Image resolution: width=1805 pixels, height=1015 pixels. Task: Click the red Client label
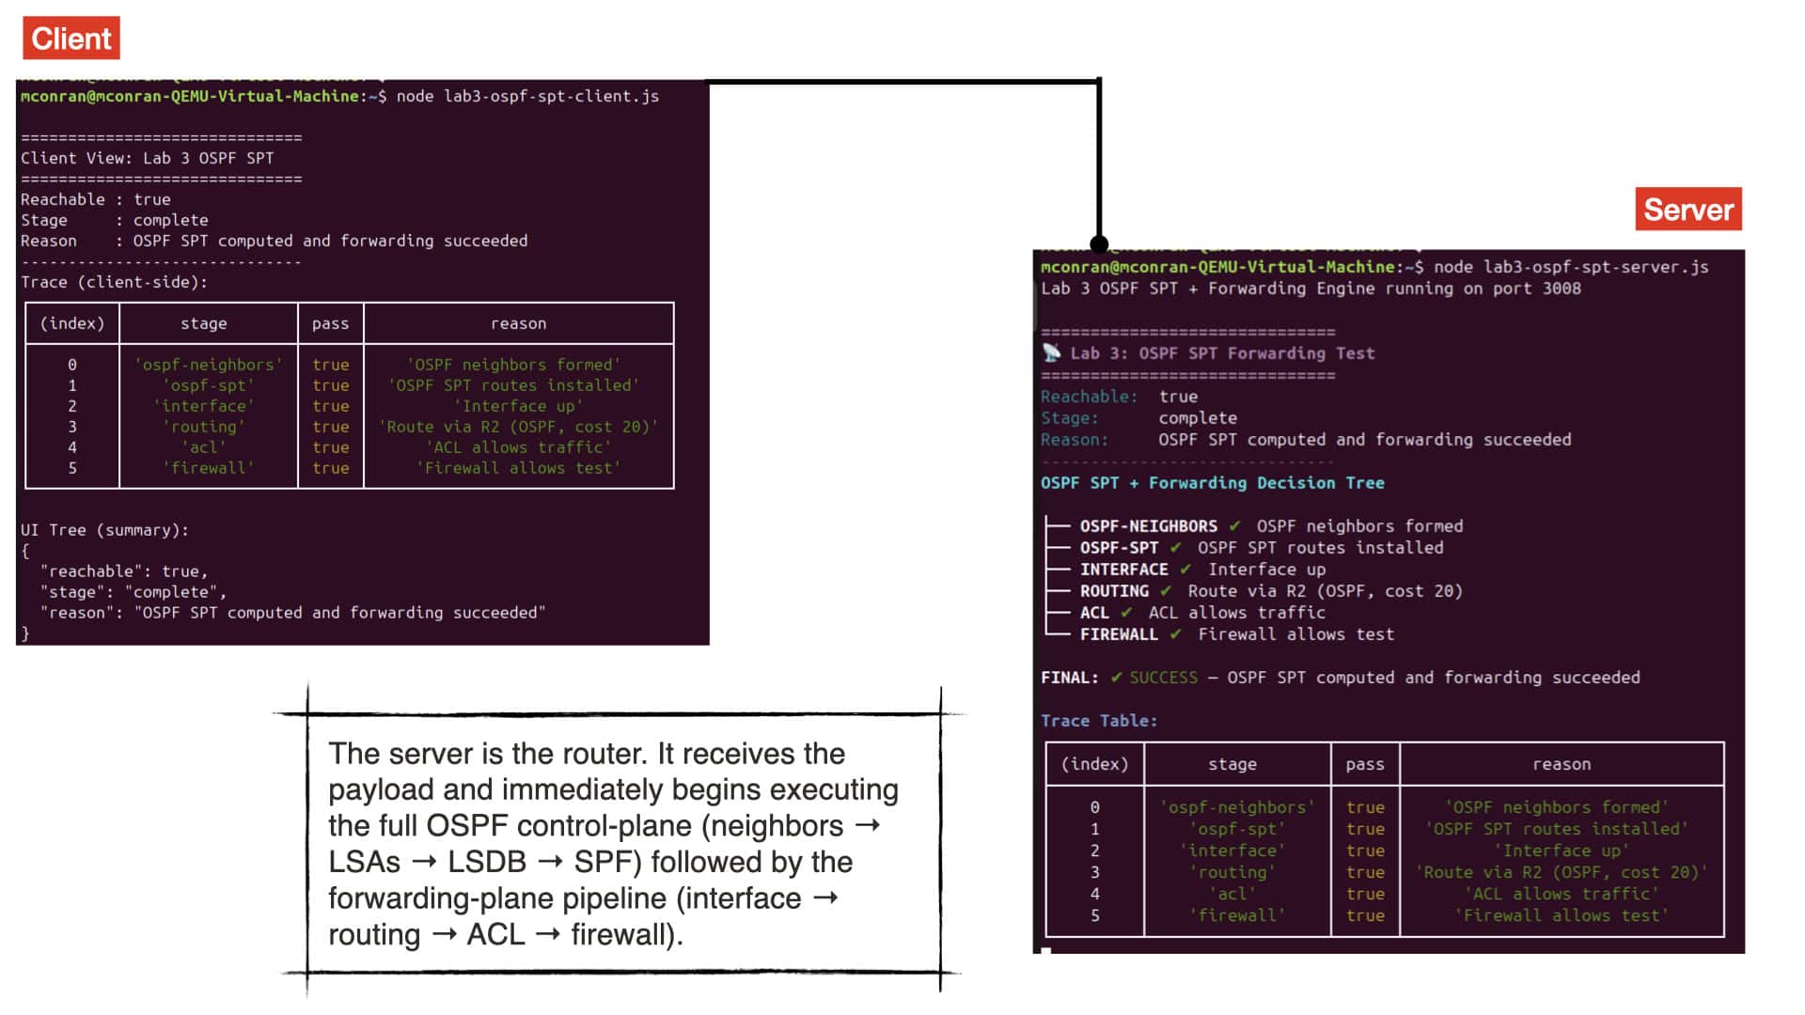(71, 39)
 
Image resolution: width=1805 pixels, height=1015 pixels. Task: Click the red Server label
(1688, 210)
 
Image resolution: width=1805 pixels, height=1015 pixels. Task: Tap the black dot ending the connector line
(1099, 244)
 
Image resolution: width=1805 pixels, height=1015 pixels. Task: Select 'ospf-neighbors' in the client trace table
(208, 365)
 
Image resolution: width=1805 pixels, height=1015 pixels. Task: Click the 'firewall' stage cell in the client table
(208, 468)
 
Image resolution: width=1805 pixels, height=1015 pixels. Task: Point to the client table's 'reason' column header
(518, 323)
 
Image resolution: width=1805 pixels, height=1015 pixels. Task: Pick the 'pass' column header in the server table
(1364, 765)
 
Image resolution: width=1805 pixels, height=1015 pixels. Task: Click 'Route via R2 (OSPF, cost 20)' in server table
(1562, 872)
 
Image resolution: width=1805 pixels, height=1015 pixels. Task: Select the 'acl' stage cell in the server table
(1232, 894)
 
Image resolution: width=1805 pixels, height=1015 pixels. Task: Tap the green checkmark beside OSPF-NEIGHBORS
(1234, 526)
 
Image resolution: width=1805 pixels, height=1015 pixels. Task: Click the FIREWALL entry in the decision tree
(1119, 634)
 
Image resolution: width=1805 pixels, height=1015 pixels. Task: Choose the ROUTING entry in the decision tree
(1114, 591)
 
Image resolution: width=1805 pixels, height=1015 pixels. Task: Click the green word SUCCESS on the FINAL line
(1164, 678)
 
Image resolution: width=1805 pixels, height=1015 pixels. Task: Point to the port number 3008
(1562, 289)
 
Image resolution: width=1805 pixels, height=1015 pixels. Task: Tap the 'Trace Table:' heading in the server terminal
(1099, 721)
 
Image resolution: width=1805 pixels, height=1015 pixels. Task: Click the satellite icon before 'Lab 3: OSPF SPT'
(1051, 353)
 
